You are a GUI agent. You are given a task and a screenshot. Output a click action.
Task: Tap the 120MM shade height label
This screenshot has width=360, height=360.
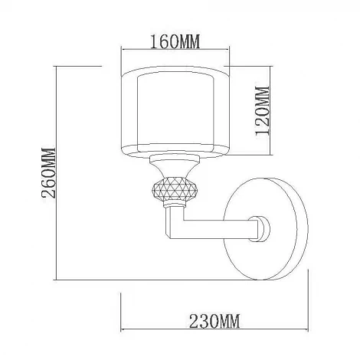point(263,110)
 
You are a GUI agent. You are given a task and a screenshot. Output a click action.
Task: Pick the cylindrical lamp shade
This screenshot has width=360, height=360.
point(175,111)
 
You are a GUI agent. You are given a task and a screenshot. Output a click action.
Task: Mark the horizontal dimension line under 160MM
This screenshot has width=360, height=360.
point(175,50)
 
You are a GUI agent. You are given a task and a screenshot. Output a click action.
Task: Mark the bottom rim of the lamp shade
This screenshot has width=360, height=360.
point(175,152)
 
